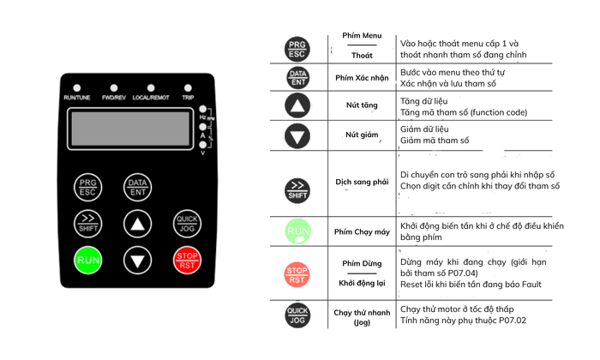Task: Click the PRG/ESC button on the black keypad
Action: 87,187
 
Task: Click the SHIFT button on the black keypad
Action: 87,222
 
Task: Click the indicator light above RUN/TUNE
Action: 78,88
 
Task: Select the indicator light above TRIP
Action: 188,88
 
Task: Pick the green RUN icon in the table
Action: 297,231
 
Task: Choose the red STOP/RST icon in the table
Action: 297,274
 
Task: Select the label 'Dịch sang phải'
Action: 361,183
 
